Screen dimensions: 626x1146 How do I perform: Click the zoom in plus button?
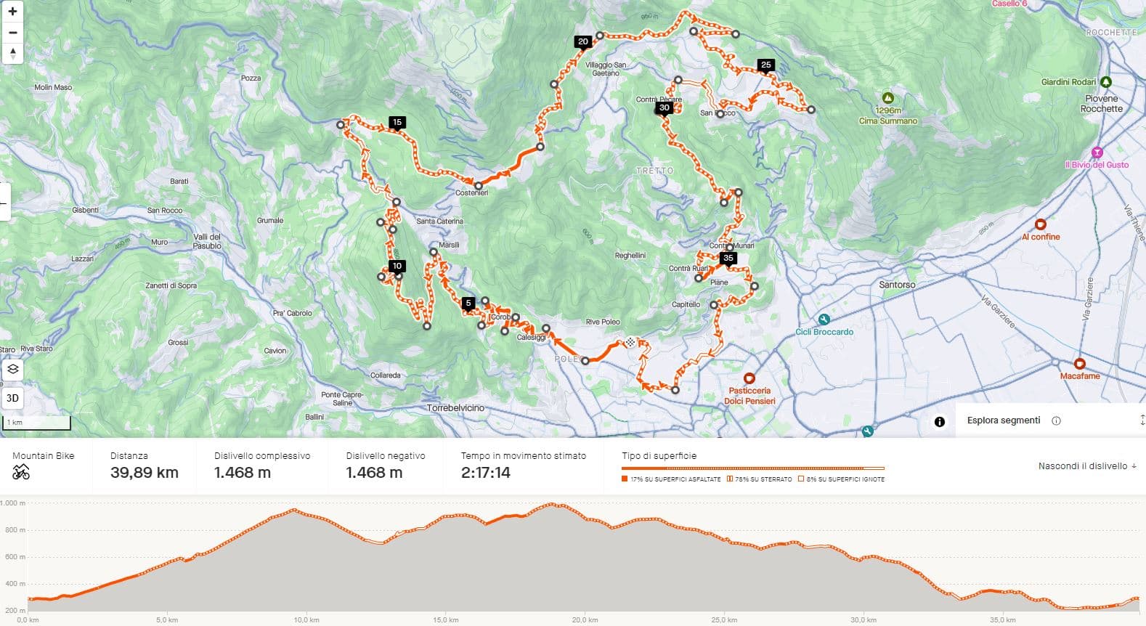(12, 12)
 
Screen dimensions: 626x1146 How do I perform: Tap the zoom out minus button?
(12, 33)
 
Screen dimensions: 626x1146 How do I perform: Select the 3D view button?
(12, 398)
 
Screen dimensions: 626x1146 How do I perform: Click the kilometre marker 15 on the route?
(397, 122)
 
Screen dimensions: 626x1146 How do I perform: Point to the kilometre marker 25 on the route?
(765, 65)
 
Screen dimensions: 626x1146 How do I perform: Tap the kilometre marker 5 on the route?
(468, 303)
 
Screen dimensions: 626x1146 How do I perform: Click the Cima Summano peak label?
(887, 121)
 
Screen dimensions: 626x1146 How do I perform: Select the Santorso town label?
(897, 285)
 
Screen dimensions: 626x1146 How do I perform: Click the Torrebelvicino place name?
(455, 408)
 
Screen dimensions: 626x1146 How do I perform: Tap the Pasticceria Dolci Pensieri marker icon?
(749, 378)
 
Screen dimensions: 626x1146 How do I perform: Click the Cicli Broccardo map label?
(824, 332)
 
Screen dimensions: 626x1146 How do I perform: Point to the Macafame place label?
(1080, 376)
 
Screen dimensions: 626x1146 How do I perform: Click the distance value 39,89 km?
(144, 473)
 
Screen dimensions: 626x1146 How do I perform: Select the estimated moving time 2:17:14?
(485, 473)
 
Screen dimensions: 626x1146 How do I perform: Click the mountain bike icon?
(21, 473)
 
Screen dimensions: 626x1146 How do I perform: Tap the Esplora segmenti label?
(1004, 420)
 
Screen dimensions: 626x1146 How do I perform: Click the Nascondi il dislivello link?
(1087, 466)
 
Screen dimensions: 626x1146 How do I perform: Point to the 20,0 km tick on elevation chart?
(585, 619)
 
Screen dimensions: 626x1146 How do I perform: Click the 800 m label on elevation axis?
(14, 530)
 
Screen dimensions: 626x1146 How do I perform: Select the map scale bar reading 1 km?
(36, 422)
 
